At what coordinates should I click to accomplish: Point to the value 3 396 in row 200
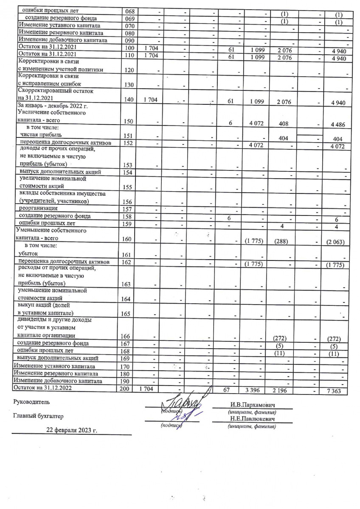[260, 389]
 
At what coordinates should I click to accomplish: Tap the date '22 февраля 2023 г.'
[71, 430]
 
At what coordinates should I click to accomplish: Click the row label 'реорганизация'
[38, 208]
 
